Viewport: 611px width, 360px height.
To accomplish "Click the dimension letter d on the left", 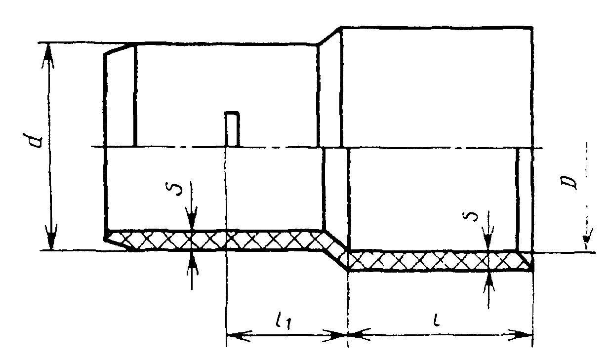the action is pos(36,140).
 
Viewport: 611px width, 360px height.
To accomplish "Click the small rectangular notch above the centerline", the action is pos(232,129).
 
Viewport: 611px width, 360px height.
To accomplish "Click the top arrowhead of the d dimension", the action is pos(48,56).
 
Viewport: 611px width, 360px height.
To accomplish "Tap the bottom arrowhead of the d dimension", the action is pos(51,237).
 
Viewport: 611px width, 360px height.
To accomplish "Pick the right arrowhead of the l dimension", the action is pos(521,335).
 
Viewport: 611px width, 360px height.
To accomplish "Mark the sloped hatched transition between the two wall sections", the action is pos(335,248).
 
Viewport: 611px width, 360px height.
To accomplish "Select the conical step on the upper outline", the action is pos(329,36).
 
